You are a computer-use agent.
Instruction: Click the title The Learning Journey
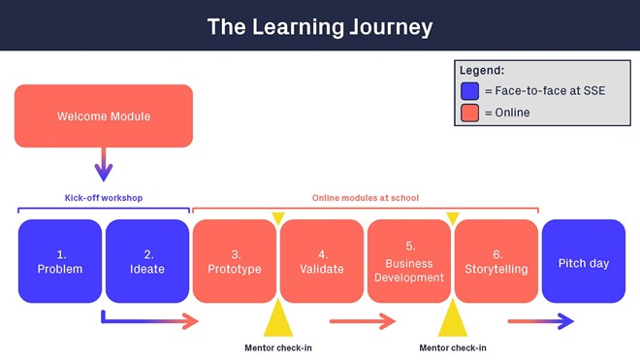tap(320, 26)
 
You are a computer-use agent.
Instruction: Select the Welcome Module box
tap(104, 116)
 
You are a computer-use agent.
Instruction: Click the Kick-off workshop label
tap(104, 198)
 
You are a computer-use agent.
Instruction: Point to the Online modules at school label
tap(365, 198)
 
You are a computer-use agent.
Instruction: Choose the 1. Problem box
tap(59, 261)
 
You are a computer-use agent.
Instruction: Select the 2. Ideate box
tap(147, 261)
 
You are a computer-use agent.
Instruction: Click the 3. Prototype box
tap(235, 261)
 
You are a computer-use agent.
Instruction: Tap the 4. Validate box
tap(322, 261)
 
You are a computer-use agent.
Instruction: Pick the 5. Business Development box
tap(409, 261)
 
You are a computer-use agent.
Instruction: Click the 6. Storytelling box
tap(496, 261)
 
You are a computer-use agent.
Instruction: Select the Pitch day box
tap(584, 261)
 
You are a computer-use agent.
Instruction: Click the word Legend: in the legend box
tap(482, 70)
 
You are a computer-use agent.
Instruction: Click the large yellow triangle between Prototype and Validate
tap(278, 319)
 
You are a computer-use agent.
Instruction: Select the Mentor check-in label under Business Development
tap(453, 347)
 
